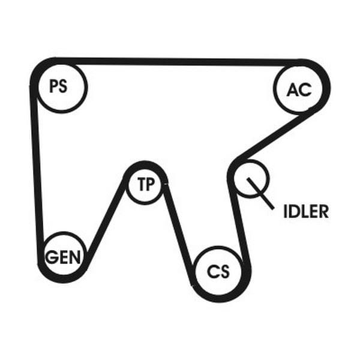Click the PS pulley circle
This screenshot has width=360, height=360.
tap(62, 86)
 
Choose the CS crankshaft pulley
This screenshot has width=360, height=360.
tap(218, 271)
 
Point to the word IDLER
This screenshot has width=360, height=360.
tap(306, 212)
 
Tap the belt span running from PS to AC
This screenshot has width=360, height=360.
tap(180, 61)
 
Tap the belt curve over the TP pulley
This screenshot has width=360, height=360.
tap(145, 164)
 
